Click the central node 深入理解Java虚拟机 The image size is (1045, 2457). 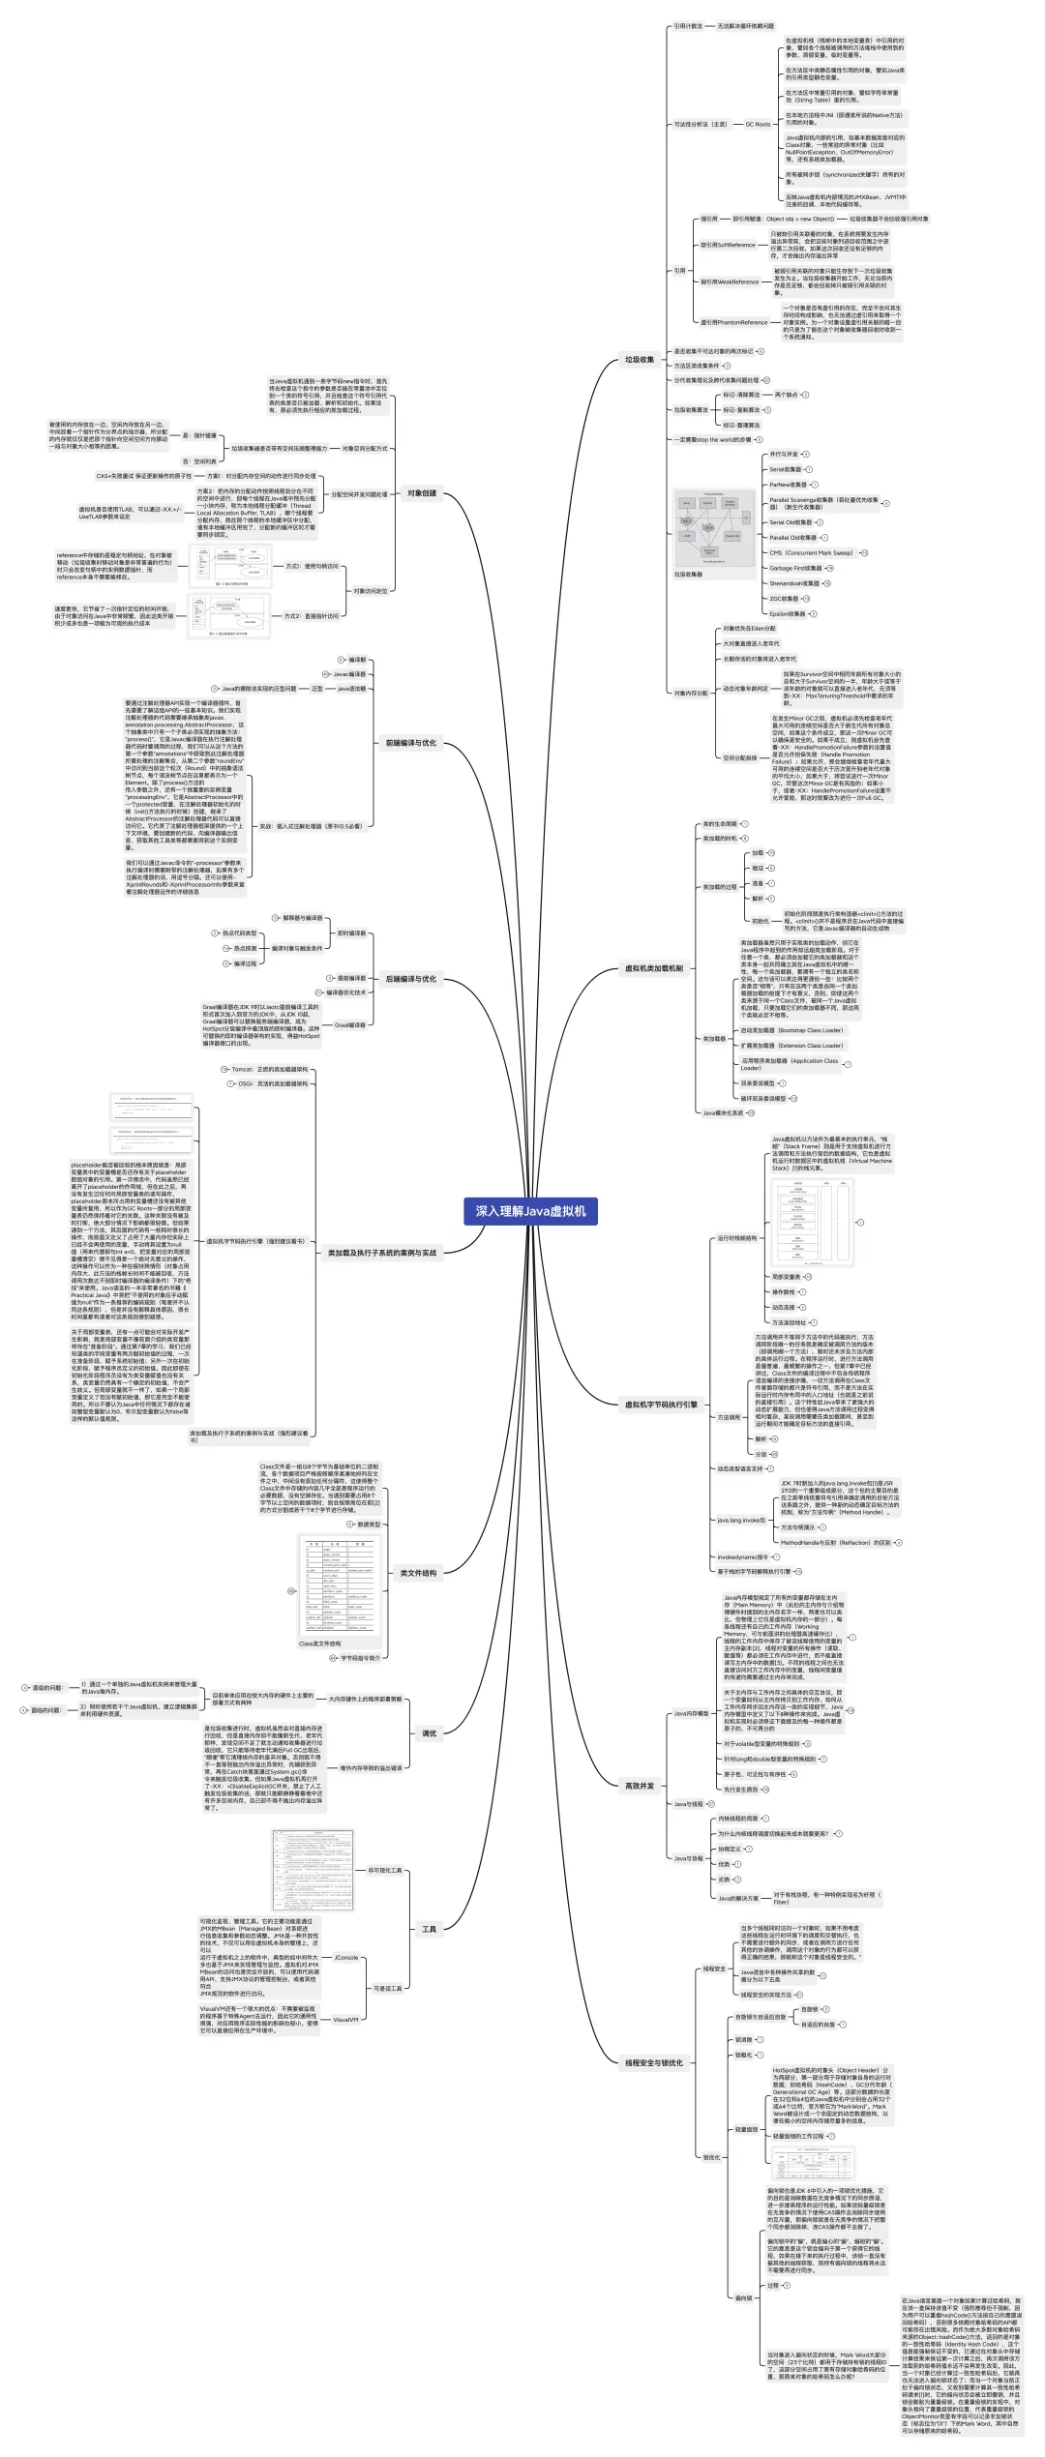click(530, 1210)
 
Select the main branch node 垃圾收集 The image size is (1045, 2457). click(640, 360)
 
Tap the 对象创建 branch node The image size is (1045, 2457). click(421, 493)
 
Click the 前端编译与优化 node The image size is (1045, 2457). click(411, 743)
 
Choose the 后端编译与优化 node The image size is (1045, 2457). click(411, 979)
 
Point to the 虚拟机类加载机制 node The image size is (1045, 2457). click(654, 967)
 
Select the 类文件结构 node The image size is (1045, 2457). click(418, 1573)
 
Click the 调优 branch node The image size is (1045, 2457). click(430, 1732)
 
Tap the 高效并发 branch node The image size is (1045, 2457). click(640, 1786)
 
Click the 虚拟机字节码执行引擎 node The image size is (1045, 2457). click(661, 1405)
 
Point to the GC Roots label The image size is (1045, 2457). click(758, 124)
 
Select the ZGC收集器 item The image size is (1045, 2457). click(785, 599)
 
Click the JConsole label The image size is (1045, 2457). click(346, 1957)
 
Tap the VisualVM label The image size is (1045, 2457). click(345, 2020)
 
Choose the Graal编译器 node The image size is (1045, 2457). click(350, 1024)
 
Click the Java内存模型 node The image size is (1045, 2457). click(692, 1713)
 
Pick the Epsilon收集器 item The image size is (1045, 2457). click(788, 613)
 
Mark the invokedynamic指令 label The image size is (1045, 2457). click(742, 1557)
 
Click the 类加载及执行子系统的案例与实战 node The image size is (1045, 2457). click(382, 1253)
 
